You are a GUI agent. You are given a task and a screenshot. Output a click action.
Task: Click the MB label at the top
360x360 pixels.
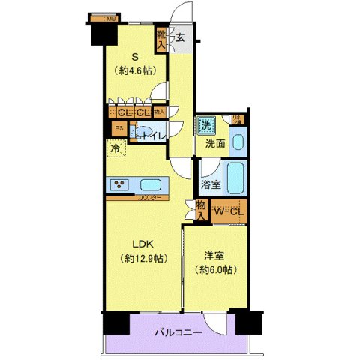click(109, 18)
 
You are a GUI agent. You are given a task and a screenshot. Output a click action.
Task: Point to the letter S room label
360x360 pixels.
click(135, 56)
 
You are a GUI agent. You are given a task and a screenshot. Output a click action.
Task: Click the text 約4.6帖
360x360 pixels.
click(136, 72)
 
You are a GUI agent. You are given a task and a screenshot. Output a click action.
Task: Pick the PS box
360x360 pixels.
click(118, 128)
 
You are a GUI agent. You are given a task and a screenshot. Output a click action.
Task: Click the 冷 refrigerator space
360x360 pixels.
click(116, 149)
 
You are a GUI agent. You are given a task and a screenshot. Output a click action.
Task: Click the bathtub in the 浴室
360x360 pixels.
click(238, 179)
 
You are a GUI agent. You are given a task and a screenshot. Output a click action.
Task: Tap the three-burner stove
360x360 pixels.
click(120, 184)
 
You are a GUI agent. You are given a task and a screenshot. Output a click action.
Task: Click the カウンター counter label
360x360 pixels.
click(147, 199)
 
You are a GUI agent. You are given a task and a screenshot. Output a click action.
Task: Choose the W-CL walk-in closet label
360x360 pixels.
click(228, 211)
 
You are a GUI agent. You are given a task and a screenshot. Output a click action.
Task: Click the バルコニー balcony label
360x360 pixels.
click(178, 332)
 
